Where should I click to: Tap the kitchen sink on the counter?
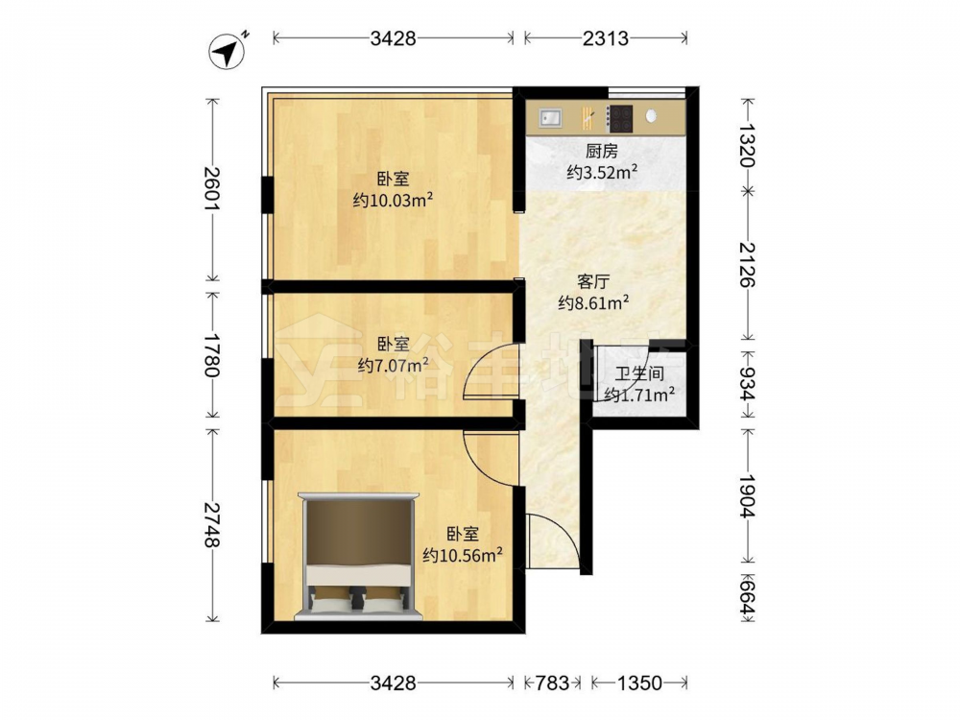click(x=551, y=117)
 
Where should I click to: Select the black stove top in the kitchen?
click(x=619, y=119)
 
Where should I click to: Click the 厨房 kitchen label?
click(x=601, y=151)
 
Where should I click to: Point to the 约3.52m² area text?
click(x=602, y=172)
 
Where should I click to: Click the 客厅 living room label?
click(x=593, y=282)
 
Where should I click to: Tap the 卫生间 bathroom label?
click(x=639, y=373)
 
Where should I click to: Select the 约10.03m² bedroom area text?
click(x=393, y=201)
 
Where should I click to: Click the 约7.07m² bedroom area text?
click(x=393, y=366)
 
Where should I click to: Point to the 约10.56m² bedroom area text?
click(x=463, y=555)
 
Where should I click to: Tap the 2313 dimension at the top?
click(x=605, y=38)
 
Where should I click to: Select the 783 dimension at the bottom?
click(x=553, y=683)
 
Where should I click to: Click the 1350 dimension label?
click(x=639, y=683)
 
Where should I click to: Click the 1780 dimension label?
click(x=212, y=354)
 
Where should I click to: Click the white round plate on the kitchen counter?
click(x=652, y=115)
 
